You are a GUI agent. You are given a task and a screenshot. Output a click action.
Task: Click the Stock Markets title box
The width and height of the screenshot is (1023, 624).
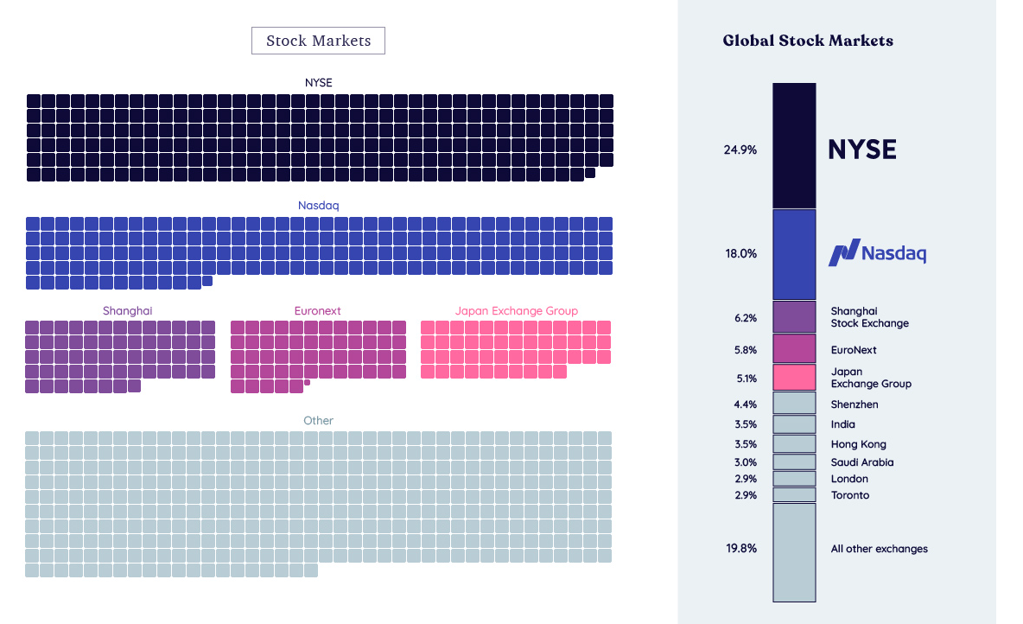point(318,41)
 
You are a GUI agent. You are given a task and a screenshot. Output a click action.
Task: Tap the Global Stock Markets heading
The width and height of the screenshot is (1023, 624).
point(808,41)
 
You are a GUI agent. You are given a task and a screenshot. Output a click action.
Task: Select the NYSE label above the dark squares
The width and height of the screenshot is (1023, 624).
point(318,83)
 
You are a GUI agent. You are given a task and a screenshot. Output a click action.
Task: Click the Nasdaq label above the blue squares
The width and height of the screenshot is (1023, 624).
point(319,206)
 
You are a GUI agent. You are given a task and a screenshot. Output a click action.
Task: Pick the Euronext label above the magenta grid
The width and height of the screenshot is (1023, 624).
point(318,311)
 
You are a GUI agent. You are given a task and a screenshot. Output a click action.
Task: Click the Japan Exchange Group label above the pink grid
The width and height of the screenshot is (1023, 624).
point(516,311)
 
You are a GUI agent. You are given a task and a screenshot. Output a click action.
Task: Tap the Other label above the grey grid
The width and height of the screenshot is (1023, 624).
point(318,421)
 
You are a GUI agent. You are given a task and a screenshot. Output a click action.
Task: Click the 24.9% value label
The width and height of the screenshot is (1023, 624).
point(740,150)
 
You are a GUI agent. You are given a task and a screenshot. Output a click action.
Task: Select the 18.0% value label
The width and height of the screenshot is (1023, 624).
point(740,254)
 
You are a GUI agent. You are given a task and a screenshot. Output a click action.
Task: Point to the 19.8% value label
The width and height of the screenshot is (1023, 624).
point(740,549)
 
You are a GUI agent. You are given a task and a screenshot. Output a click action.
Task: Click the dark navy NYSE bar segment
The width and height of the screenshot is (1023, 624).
point(794,145)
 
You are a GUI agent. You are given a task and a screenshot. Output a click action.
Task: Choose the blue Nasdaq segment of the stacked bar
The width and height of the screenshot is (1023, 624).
point(794,254)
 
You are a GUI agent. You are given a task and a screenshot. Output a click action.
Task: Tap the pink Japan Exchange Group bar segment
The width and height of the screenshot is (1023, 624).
point(794,378)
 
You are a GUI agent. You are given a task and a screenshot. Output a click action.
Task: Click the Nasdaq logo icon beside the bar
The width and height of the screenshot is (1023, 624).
point(843,252)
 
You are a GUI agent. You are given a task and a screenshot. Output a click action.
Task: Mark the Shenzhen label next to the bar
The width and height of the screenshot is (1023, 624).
point(855,404)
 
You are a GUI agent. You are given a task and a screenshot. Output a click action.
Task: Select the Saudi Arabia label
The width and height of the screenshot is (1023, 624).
point(862,462)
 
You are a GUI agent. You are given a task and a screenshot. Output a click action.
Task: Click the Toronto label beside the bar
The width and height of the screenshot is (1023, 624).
point(850,495)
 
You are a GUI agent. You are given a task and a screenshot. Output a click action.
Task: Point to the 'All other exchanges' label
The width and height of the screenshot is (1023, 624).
point(879,549)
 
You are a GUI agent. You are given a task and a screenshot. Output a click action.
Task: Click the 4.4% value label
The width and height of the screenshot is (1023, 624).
point(745,404)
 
